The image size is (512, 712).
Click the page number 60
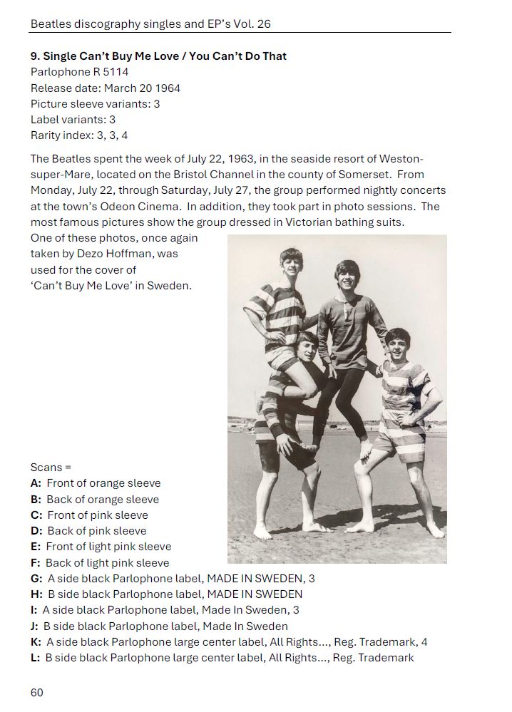click(x=37, y=692)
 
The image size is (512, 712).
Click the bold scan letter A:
click(x=36, y=483)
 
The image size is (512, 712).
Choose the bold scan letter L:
click(x=36, y=657)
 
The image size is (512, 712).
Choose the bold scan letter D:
click(x=37, y=531)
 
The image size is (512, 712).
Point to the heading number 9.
click(x=35, y=56)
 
